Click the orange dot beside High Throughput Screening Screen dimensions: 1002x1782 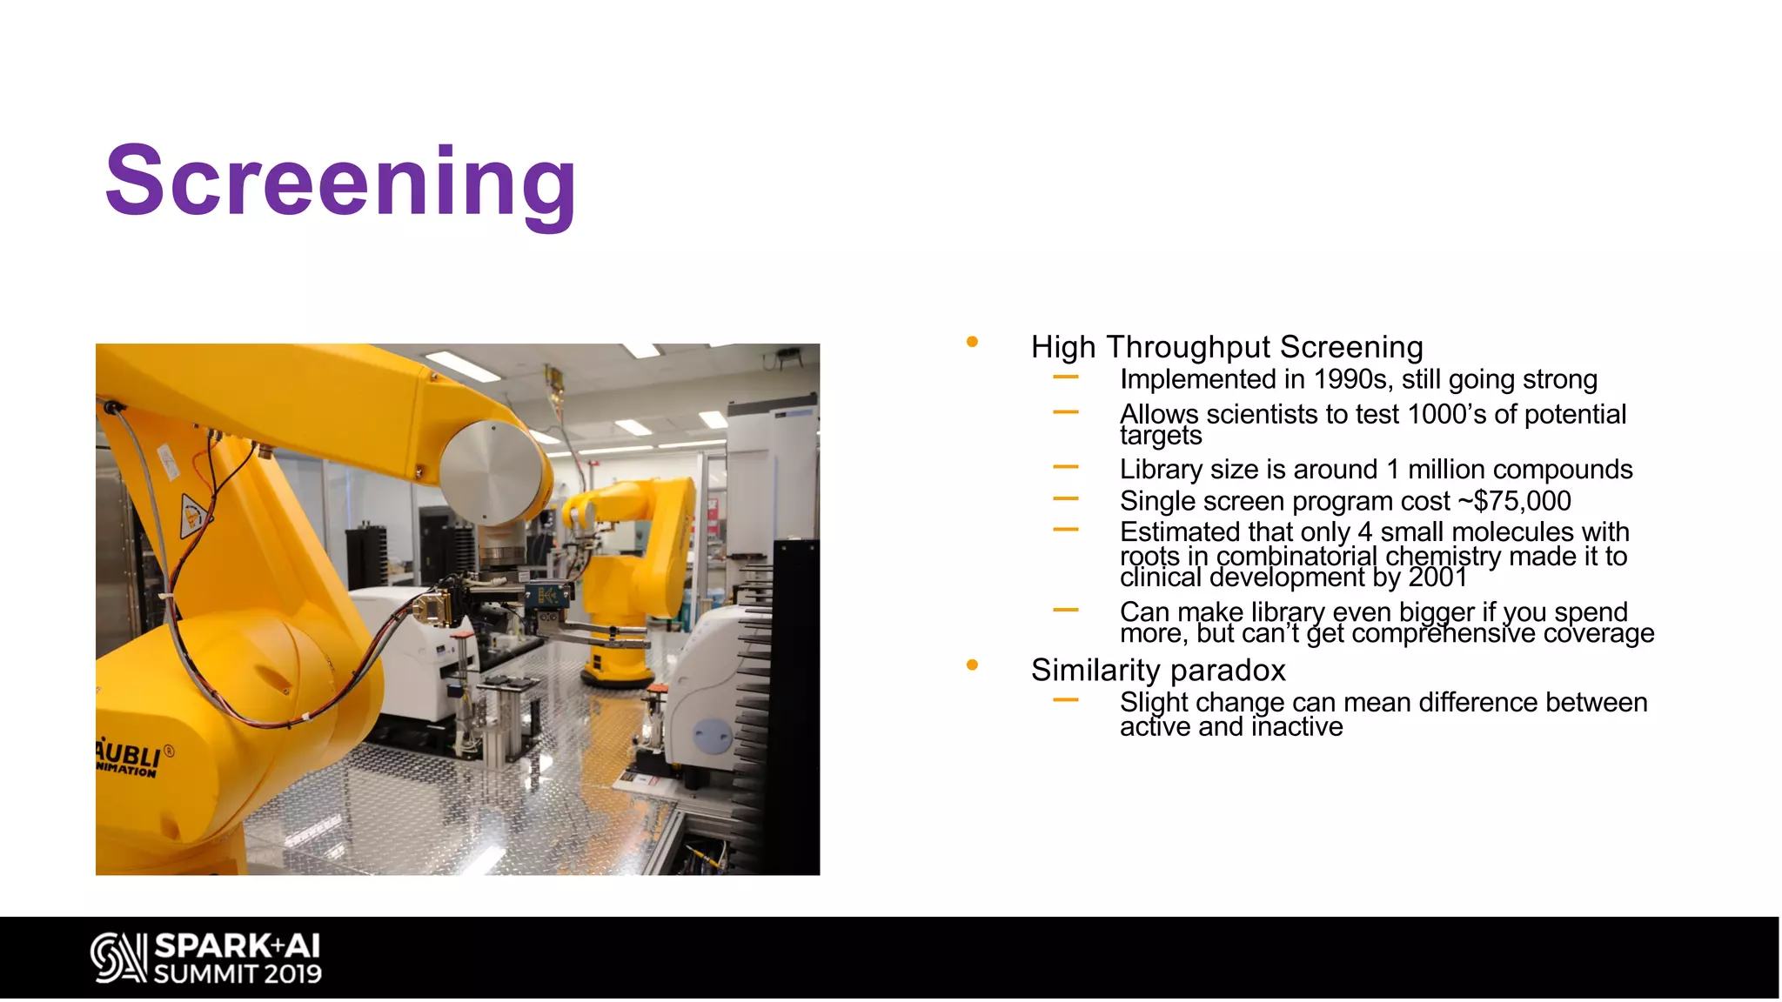972,342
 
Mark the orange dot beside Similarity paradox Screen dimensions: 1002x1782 972,665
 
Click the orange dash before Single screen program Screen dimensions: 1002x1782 1065,499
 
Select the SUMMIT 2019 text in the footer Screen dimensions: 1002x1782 238,974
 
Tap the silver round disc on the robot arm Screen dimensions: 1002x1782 492,472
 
